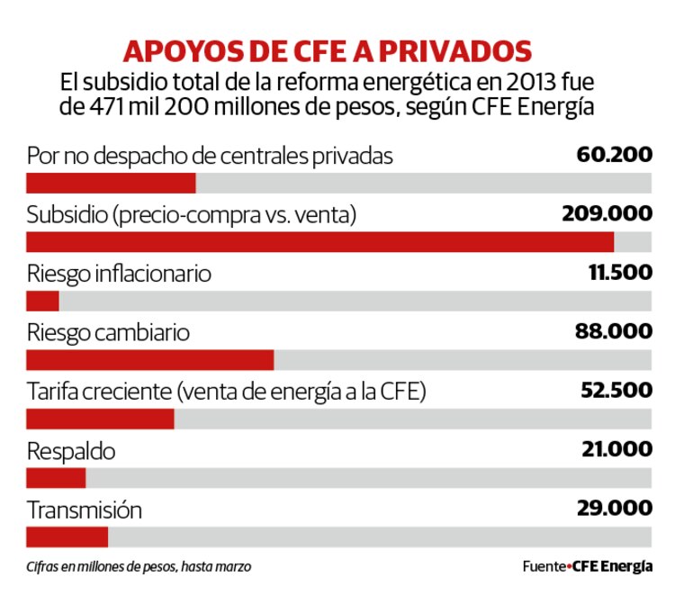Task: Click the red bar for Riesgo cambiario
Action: click(150, 360)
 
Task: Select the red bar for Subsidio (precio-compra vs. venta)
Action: click(320, 242)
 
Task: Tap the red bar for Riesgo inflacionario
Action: click(43, 301)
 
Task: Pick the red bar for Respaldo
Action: click(56, 477)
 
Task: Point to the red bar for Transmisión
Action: click(67, 536)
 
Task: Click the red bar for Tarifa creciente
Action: click(101, 419)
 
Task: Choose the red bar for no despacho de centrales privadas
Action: click(112, 183)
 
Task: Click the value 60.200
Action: click(614, 155)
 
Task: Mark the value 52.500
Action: click(616, 391)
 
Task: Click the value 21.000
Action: click(616, 449)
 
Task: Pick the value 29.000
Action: click(615, 508)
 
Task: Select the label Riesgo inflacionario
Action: click(119, 274)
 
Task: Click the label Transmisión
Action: click(85, 509)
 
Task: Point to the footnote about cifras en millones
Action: click(139, 567)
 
